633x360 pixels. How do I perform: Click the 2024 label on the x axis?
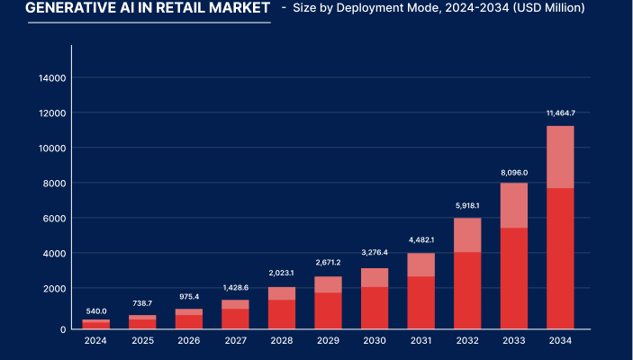(x=95, y=340)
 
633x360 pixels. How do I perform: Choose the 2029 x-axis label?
(x=328, y=340)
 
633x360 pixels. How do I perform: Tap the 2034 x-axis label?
(x=560, y=340)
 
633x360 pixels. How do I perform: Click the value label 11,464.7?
(x=560, y=113)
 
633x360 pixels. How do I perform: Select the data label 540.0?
(x=95, y=310)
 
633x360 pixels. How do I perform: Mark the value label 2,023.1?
(x=282, y=273)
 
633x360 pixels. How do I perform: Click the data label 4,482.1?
(x=420, y=239)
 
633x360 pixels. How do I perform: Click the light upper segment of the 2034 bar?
(x=560, y=157)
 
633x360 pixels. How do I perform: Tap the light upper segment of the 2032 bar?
(x=467, y=235)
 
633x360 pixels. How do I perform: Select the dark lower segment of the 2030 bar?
(x=375, y=308)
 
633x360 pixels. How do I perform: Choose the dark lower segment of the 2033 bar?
(x=513, y=278)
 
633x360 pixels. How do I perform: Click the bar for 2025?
(x=142, y=322)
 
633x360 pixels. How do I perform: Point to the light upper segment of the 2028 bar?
(x=282, y=293)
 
